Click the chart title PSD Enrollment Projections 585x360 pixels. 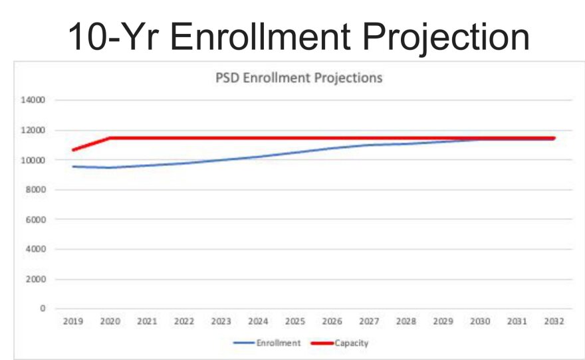(x=298, y=78)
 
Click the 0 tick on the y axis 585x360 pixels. (x=42, y=308)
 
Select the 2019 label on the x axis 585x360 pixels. (x=72, y=321)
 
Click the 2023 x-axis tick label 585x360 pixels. (x=221, y=321)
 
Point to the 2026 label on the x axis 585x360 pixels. (x=332, y=321)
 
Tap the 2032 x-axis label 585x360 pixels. (x=554, y=321)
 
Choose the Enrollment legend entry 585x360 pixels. (x=267, y=343)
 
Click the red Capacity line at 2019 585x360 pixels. (x=73, y=149)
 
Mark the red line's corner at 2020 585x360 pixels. (x=110, y=138)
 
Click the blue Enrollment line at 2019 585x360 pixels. (x=73, y=166)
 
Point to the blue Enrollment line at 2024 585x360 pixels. (x=258, y=157)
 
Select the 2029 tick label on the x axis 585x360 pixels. (x=443, y=321)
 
